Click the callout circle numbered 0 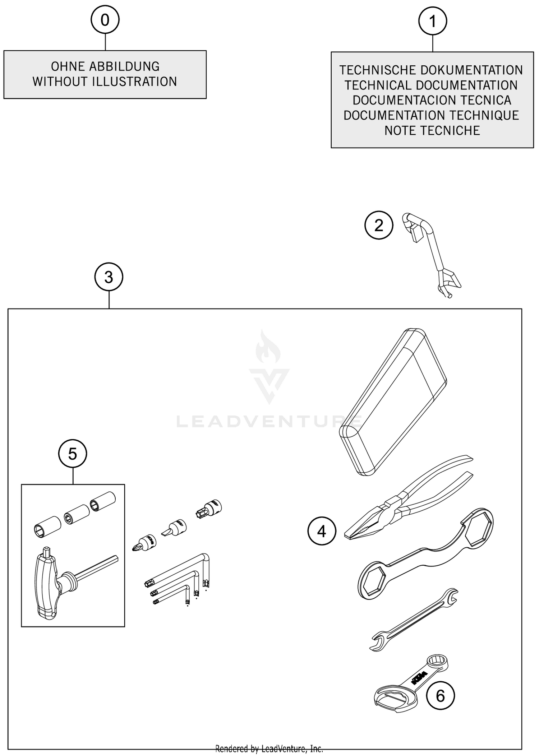point(105,20)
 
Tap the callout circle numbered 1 point(433,21)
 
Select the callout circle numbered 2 point(379,225)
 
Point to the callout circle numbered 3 point(109,277)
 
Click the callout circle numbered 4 point(322,531)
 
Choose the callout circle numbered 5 point(73,454)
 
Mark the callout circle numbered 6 point(440,696)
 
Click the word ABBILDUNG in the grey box point(124,66)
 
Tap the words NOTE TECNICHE point(432,130)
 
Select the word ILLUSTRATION point(134,82)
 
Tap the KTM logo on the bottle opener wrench point(419,677)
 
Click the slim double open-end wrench point(413,619)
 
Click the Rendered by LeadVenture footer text point(269,748)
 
